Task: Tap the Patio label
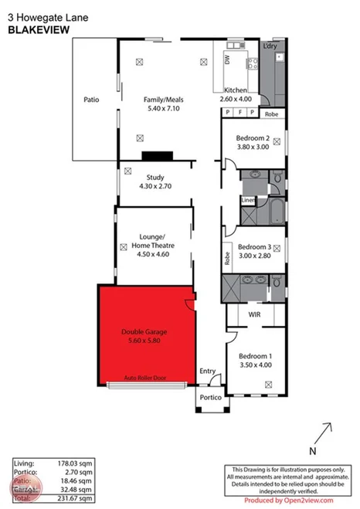pyautogui.click(x=92, y=100)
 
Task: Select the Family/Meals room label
pyautogui.click(x=162, y=100)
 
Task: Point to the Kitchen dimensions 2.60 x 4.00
pyautogui.click(x=236, y=100)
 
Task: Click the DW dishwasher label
pyautogui.click(x=227, y=59)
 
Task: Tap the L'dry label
pyautogui.click(x=270, y=47)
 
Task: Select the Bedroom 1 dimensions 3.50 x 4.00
pyautogui.click(x=256, y=365)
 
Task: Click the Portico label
pyautogui.click(x=211, y=397)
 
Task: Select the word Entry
pyautogui.click(x=208, y=372)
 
